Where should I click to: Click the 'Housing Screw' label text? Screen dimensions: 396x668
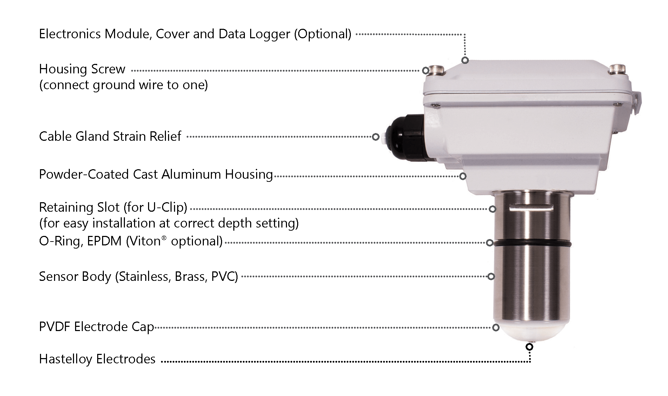click(x=82, y=69)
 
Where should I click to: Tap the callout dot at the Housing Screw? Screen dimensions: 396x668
click(x=426, y=70)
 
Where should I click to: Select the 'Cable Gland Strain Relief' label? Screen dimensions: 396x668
click(x=110, y=136)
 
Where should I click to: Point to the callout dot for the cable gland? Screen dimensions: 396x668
click(x=376, y=137)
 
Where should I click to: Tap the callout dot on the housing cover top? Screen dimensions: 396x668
click(x=465, y=60)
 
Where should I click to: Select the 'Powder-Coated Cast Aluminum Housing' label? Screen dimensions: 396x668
click(x=155, y=174)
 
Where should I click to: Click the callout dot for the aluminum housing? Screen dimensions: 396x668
click(x=463, y=176)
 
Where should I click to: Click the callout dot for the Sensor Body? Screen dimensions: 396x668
click(x=491, y=276)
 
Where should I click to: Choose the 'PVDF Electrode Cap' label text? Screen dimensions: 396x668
click(x=96, y=327)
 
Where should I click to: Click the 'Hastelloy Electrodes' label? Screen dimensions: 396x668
click(x=97, y=359)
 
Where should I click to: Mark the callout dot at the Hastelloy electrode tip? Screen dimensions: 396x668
click(x=529, y=347)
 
